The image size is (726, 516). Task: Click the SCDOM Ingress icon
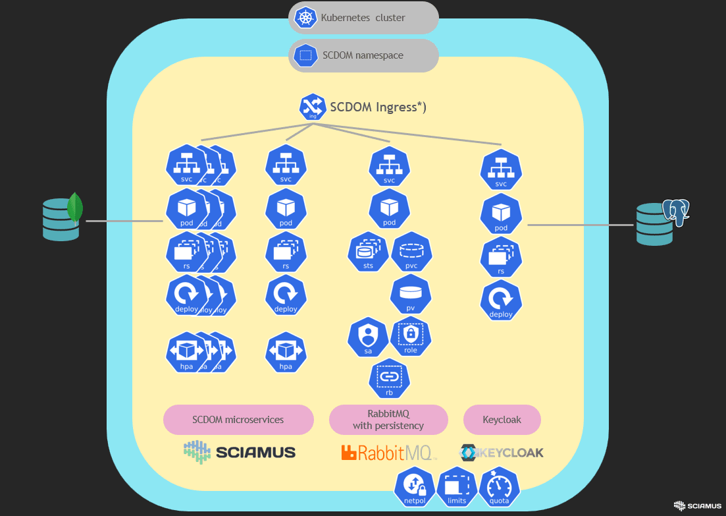(313, 107)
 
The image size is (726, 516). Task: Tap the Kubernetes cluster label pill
(363, 18)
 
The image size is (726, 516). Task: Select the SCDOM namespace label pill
(363, 55)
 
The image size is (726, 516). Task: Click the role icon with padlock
(411, 337)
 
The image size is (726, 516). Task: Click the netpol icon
(414, 488)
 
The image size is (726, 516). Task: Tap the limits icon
(457, 488)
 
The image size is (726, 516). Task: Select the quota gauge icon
(500, 488)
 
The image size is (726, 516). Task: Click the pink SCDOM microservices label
(238, 420)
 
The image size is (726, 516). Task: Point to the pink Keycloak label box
(502, 420)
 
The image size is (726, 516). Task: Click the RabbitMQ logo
(388, 452)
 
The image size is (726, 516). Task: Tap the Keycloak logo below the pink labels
(502, 453)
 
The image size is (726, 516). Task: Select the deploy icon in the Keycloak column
(501, 301)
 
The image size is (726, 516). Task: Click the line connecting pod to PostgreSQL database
(579, 225)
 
